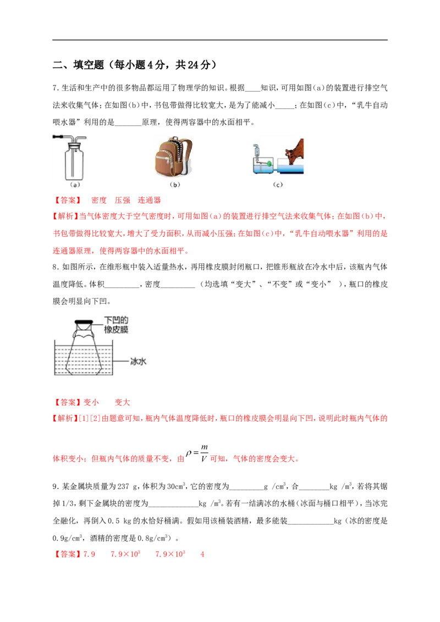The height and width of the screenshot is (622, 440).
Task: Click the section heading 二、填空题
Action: coord(78,65)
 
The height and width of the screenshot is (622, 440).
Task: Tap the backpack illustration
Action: coord(174,157)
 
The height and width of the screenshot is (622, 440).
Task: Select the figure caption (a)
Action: coord(75,185)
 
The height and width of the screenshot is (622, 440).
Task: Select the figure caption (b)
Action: coord(175,185)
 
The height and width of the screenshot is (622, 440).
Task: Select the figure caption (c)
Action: coord(278,185)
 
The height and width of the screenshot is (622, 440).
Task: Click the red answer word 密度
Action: coord(99,201)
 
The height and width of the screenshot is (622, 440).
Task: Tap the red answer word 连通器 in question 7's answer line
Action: coord(149,201)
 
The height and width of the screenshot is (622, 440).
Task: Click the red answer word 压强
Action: coord(122,201)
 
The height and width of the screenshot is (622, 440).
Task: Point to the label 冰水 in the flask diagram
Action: coord(138,362)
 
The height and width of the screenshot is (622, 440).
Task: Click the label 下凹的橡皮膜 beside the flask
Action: coord(116,325)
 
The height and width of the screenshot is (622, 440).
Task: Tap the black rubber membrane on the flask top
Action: coord(84,322)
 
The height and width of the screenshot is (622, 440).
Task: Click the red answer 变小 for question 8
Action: coord(91,403)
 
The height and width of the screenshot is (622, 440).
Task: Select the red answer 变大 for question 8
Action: coord(122,403)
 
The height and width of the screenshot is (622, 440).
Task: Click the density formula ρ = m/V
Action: coord(197,453)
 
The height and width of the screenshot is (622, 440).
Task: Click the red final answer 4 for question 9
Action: coord(202,554)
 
